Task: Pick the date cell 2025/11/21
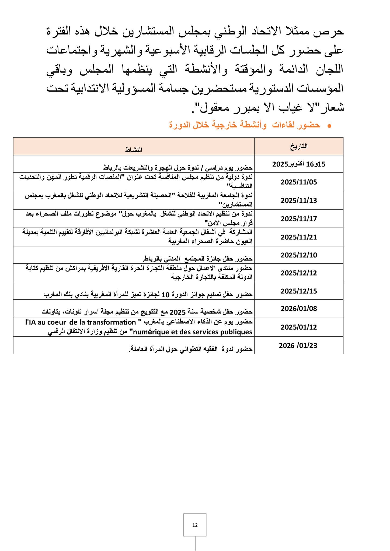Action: coord(299,237)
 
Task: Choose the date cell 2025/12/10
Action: coord(299,255)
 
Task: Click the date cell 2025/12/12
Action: coord(299,273)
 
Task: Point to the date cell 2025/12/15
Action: coord(299,291)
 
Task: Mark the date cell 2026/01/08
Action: coord(299,309)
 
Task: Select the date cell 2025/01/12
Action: coord(299,327)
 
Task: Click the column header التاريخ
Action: coord(299,146)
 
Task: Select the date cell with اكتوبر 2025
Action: coord(299,164)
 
